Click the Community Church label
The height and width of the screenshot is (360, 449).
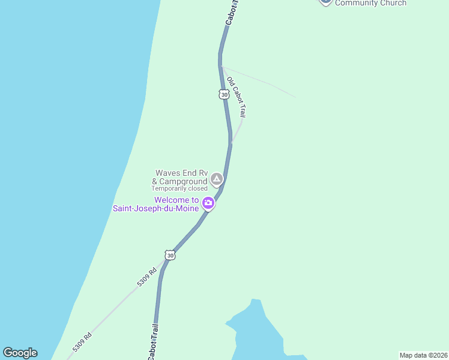370,3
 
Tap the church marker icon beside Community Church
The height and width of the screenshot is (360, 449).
325,2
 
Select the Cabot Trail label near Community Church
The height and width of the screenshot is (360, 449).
231,13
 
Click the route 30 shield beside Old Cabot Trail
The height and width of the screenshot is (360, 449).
224,95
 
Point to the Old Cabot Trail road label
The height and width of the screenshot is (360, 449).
236,96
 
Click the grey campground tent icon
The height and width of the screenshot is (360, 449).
216,179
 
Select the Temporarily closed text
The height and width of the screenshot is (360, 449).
179,188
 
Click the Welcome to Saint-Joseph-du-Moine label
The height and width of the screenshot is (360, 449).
156,205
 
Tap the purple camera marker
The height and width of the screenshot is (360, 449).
208,203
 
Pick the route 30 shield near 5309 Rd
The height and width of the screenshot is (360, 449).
170,256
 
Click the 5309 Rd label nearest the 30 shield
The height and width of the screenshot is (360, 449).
146,276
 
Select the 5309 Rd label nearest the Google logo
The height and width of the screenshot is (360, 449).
82,343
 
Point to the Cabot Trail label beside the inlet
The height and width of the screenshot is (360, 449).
154,341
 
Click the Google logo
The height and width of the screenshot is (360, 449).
20,353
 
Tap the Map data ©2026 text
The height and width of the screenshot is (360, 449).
423,355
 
